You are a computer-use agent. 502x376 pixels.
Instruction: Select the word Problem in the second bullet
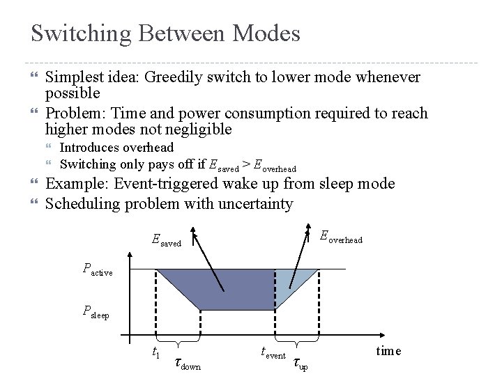click(x=75, y=113)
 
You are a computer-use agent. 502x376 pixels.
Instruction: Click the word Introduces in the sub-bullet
click(x=90, y=148)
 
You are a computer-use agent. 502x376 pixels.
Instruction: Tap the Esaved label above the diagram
click(x=166, y=241)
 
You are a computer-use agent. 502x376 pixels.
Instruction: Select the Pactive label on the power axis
click(x=97, y=269)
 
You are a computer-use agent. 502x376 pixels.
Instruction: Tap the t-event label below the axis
click(x=273, y=354)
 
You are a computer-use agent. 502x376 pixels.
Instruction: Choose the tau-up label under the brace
click(x=300, y=363)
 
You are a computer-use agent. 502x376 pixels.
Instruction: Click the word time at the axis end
click(x=388, y=351)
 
